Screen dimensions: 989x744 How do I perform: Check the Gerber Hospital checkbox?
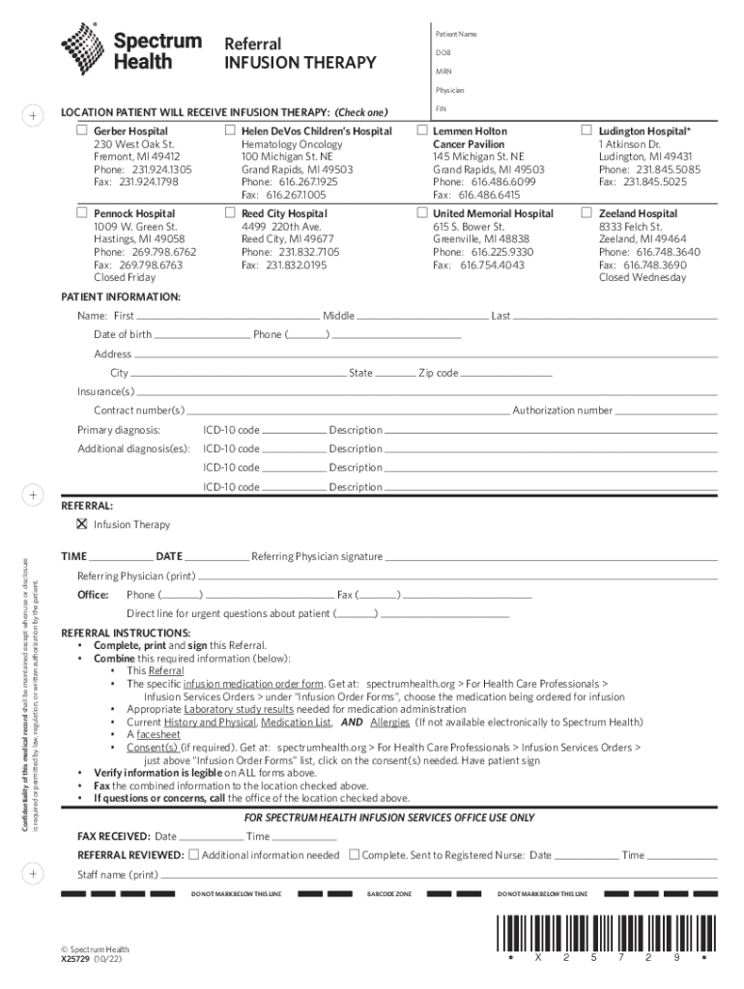(x=82, y=130)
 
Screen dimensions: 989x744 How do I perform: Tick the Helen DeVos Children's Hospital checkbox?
(x=230, y=130)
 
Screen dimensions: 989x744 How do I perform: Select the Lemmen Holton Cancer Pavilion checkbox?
(x=422, y=130)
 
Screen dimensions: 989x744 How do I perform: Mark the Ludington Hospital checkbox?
(x=587, y=130)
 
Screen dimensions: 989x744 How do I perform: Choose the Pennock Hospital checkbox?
(x=82, y=212)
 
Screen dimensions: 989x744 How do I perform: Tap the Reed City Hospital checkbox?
(x=230, y=212)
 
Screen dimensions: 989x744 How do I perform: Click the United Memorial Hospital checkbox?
(x=422, y=212)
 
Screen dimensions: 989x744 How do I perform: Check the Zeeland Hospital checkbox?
(x=587, y=212)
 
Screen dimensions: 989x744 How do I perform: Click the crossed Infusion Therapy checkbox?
(x=82, y=524)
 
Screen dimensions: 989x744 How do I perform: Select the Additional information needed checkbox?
(x=194, y=855)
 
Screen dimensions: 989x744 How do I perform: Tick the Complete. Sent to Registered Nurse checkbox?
(x=354, y=855)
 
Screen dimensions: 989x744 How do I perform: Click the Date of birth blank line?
(x=201, y=337)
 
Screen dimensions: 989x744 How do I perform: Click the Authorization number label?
(x=562, y=410)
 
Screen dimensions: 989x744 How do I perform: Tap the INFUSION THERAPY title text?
(x=300, y=64)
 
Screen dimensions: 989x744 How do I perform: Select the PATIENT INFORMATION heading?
(x=121, y=297)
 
